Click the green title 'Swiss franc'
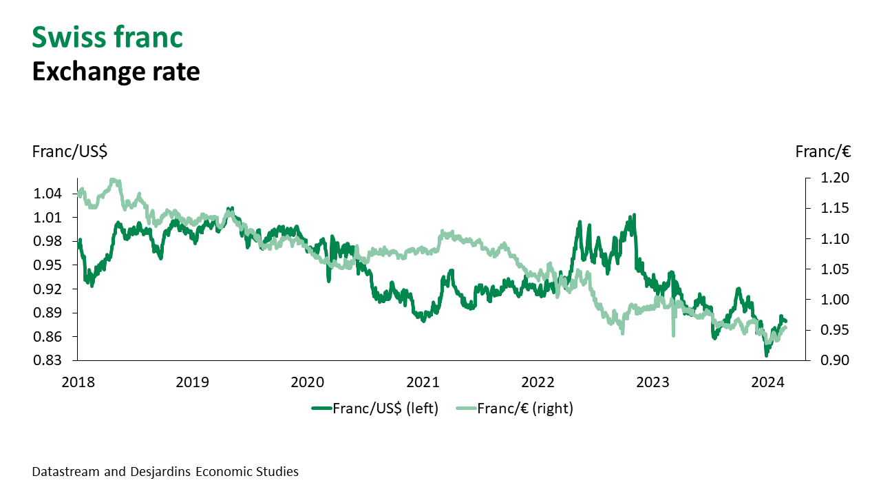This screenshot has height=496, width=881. pos(107,37)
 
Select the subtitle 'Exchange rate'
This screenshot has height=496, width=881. pos(116,72)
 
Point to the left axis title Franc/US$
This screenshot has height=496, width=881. pos(70,152)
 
